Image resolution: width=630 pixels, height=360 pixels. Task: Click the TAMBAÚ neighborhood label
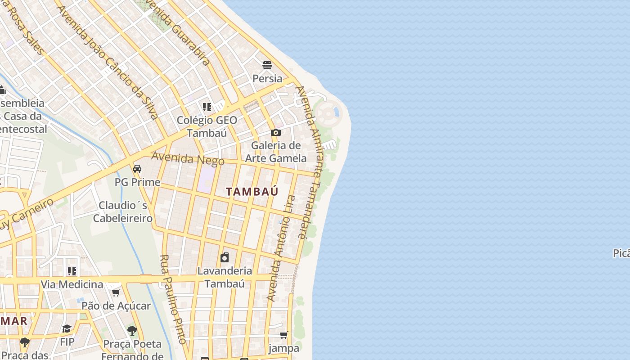(x=252, y=191)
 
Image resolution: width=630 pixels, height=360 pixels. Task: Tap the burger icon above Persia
(x=267, y=65)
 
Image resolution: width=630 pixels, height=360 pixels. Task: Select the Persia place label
(x=267, y=78)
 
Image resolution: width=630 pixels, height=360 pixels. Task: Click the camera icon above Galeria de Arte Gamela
(x=276, y=132)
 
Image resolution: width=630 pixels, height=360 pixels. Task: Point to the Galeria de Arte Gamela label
(x=276, y=152)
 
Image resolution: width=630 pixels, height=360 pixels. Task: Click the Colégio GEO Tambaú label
(x=207, y=126)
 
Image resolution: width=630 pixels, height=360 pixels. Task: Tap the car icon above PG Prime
(x=137, y=169)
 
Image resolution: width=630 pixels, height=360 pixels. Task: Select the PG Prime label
(x=137, y=182)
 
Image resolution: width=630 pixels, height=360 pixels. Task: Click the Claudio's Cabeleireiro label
(x=122, y=212)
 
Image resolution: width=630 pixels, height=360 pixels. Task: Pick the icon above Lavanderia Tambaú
(x=225, y=257)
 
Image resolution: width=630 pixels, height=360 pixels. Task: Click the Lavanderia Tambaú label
(x=225, y=277)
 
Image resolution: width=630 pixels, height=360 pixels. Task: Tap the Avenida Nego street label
(x=188, y=159)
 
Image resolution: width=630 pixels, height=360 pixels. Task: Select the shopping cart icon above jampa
(x=284, y=335)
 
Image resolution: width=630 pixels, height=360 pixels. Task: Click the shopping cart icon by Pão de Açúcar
(x=116, y=292)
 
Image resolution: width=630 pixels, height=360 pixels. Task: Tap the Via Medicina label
(x=72, y=284)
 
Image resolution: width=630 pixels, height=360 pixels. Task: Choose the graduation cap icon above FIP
(x=67, y=328)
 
